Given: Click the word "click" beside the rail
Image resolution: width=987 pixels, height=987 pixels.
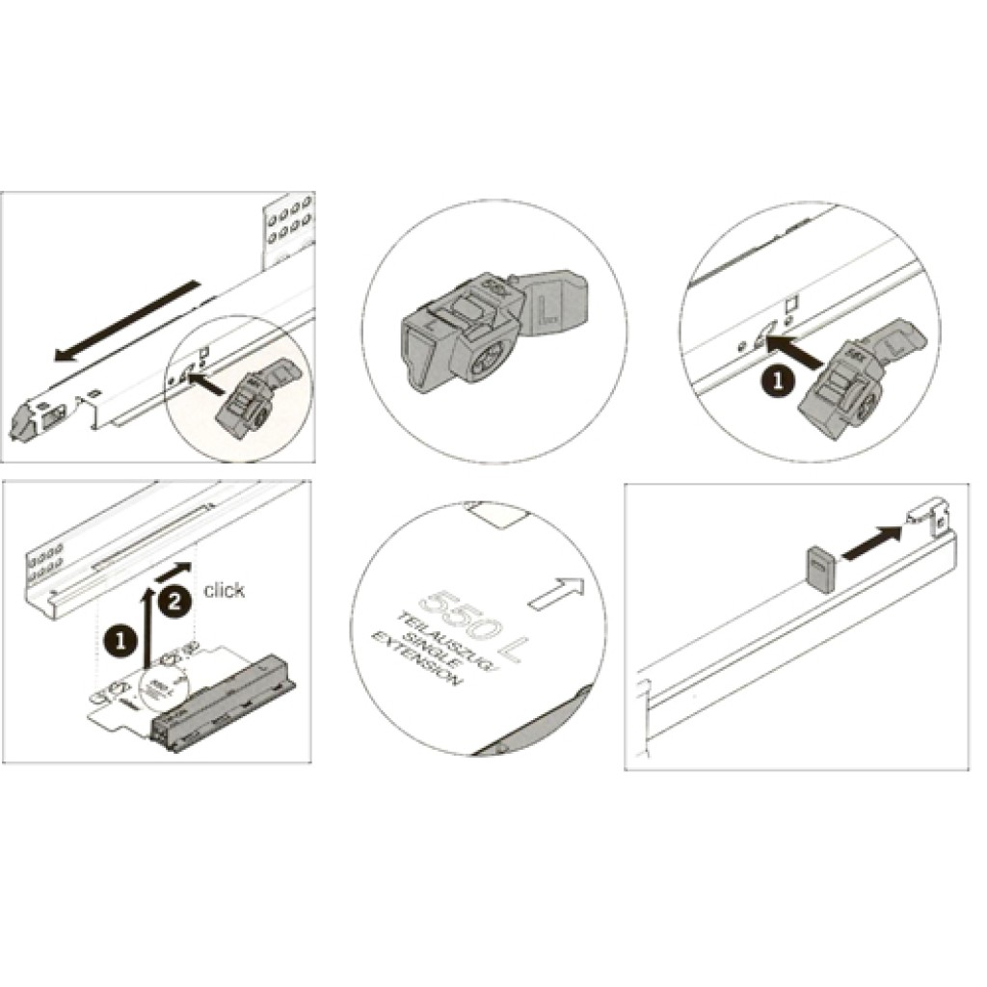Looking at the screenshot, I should (x=224, y=590).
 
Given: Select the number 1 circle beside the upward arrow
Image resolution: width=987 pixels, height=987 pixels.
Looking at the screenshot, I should (x=120, y=638).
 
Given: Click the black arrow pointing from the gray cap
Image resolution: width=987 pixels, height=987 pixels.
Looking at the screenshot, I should (x=873, y=540).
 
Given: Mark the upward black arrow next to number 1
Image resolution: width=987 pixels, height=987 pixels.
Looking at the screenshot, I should (x=147, y=627).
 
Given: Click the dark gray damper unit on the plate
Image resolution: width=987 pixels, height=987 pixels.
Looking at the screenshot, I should (x=227, y=694).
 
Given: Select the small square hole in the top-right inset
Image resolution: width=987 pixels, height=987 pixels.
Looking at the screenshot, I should (x=792, y=302).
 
